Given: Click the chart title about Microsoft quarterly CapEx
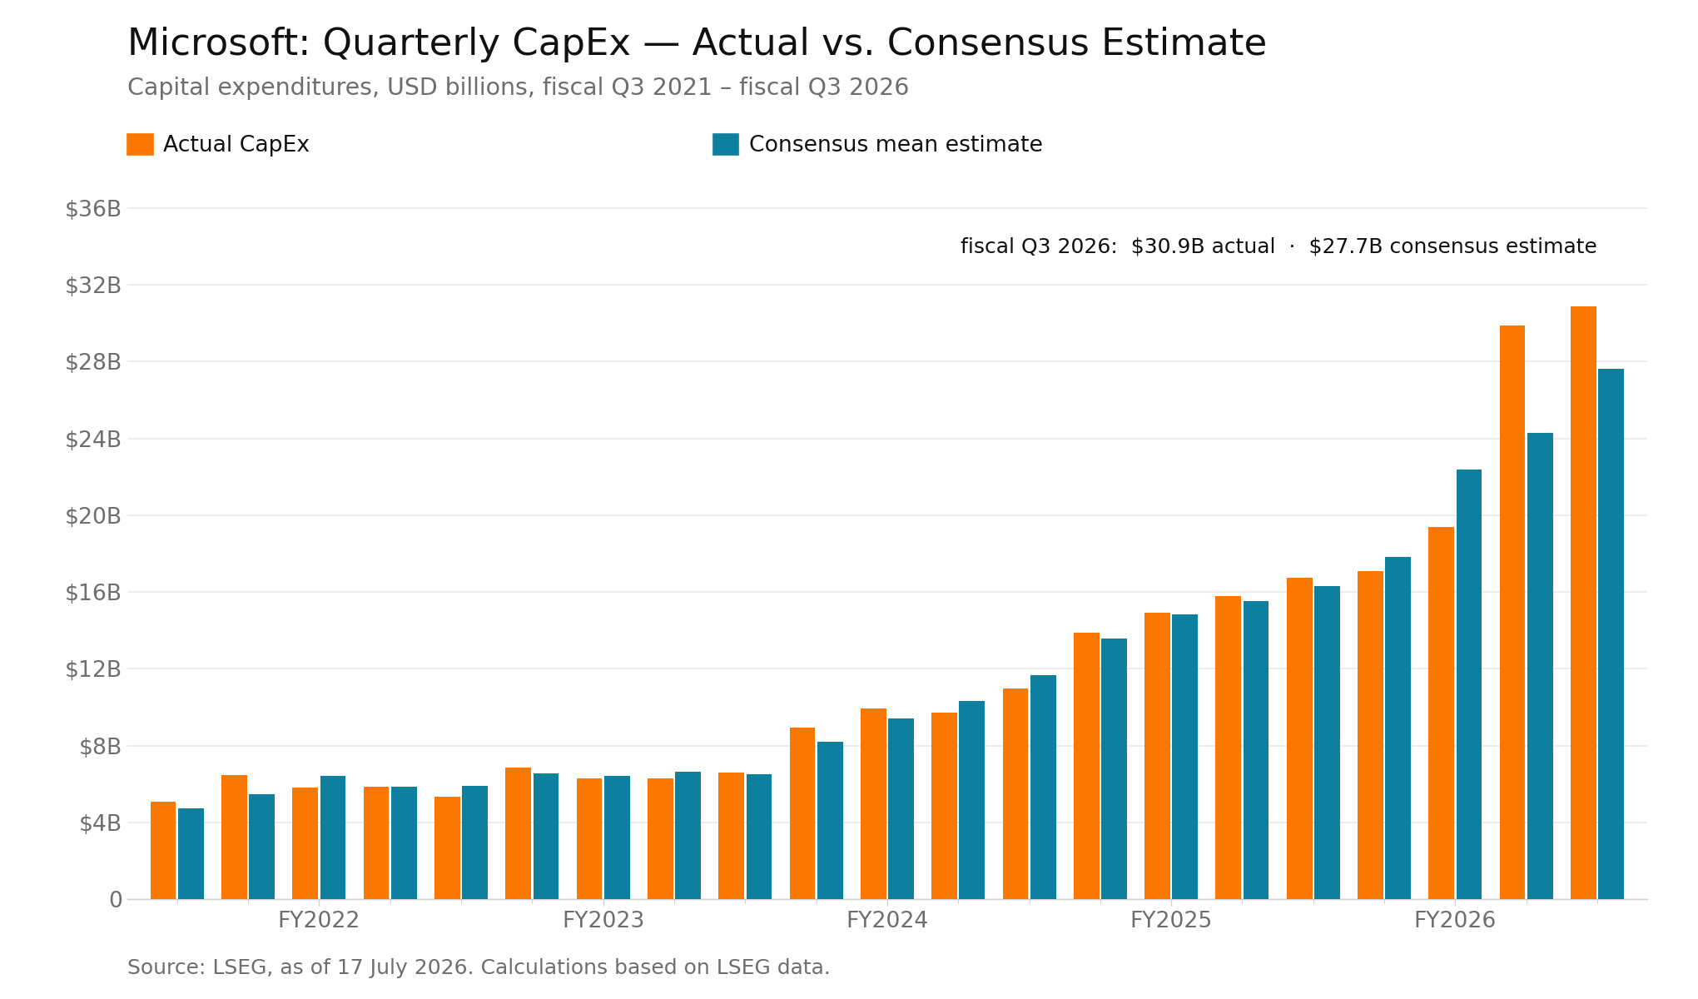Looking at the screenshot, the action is pos(697,43).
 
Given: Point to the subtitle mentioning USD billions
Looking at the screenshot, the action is pos(518,87).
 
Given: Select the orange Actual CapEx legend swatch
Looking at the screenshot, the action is pos(140,144).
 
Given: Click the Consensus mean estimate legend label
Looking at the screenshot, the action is pos(896,144).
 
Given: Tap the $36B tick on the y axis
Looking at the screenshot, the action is pos(93,209).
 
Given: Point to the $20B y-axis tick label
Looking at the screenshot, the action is pos(93,516).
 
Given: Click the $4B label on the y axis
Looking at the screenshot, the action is pos(100,823).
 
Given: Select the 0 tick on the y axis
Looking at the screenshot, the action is pos(116,900).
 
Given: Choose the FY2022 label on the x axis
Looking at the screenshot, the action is pos(319,920).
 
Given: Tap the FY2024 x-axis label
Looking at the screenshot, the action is pos(887,920).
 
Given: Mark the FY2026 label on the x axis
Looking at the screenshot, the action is pos(1455,920).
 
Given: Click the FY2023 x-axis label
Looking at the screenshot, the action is pos(603,920).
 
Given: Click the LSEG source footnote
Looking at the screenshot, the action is pos(479,967).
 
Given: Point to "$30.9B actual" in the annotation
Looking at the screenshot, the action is pos(1203,246).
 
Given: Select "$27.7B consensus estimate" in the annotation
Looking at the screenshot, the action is pos(1452,246).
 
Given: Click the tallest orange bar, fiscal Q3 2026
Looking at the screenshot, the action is pos(1583,603).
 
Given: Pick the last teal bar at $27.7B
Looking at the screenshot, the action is pos(1611,634).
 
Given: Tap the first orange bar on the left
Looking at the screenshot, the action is pos(163,851).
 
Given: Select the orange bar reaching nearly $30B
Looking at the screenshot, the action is pos(1512,613).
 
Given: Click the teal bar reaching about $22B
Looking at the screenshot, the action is pos(1469,684).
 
